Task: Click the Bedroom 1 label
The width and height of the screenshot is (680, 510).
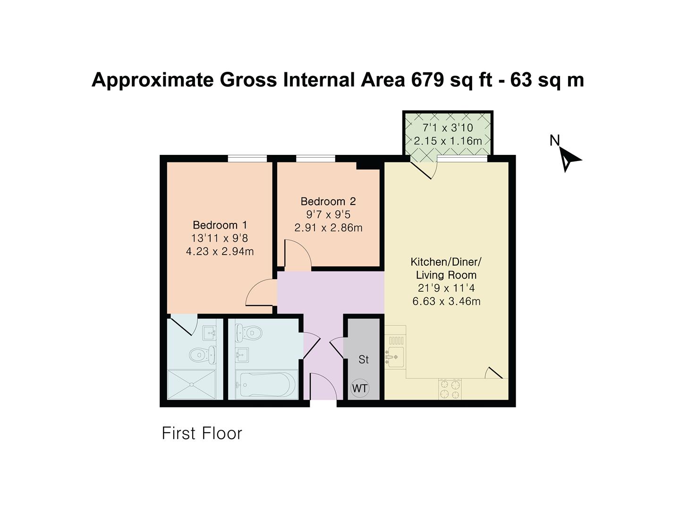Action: click(x=220, y=225)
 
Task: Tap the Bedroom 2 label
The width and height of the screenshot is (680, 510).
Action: click(x=328, y=201)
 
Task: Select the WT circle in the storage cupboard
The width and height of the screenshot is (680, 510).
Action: click(x=360, y=389)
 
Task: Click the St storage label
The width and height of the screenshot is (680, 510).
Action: click(x=363, y=359)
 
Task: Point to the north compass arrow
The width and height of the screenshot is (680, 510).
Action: click(x=569, y=159)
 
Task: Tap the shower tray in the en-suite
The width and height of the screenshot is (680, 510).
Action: click(x=192, y=384)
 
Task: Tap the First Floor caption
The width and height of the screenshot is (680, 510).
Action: click(x=202, y=433)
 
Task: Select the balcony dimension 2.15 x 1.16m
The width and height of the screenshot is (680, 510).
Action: click(x=448, y=141)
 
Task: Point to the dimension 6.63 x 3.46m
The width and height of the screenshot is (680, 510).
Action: click(x=446, y=301)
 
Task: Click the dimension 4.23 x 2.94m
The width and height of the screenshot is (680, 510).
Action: click(x=220, y=251)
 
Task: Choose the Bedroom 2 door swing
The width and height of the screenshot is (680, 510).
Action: click(x=297, y=255)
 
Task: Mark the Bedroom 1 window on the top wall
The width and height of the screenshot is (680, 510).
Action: click(x=247, y=159)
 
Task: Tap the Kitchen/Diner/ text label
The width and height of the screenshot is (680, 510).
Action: click(x=446, y=262)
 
